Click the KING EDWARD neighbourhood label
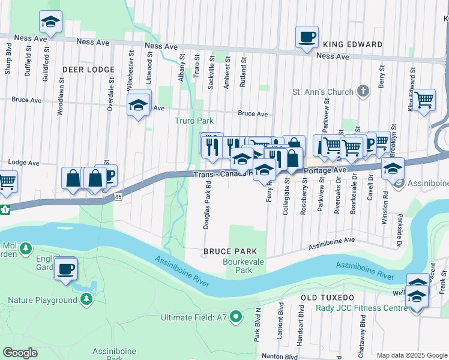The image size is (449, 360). pyautogui.click(x=352, y=44)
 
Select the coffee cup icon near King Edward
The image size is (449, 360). pyautogui.click(x=307, y=37)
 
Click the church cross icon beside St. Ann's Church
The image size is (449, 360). pyautogui.click(x=362, y=92)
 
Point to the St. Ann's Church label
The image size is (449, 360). pyautogui.click(x=322, y=92)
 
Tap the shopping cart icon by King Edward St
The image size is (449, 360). pyautogui.click(x=424, y=100)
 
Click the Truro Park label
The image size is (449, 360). pyautogui.click(x=194, y=121)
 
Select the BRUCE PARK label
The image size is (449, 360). pyautogui.click(x=230, y=251)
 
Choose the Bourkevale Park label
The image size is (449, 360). pyautogui.click(x=237, y=266)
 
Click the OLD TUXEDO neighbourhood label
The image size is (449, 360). pyautogui.click(x=327, y=298)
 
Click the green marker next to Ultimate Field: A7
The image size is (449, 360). pyautogui.click(x=236, y=316)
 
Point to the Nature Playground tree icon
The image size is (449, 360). pyautogui.click(x=87, y=298)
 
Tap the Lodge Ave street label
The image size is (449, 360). pyautogui.click(x=24, y=163)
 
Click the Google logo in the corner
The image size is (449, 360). pyautogui.click(x=20, y=353)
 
